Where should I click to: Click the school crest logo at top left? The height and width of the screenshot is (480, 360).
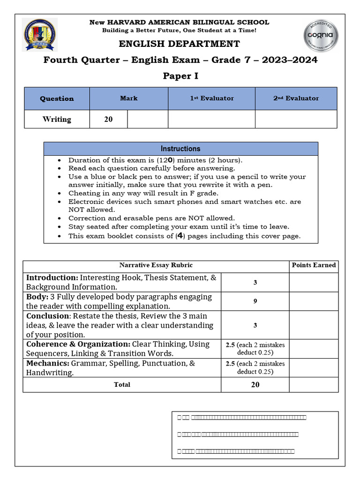(40, 34)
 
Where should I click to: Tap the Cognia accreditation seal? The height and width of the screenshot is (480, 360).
(320, 36)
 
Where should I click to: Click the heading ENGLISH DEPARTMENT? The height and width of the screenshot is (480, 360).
(180, 44)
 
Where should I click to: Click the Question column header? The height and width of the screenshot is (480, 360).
(57, 98)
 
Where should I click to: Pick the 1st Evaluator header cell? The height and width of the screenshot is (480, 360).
(211, 98)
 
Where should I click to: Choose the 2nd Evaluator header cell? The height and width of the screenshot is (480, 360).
(296, 98)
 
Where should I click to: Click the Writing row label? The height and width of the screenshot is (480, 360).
(57, 119)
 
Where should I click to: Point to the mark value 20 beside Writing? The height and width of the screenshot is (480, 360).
(108, 119)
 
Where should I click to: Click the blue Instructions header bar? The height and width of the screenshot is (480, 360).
(180, 149)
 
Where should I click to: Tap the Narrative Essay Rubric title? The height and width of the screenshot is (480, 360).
(156, 265)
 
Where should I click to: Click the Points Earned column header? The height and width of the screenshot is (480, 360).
(314, 265)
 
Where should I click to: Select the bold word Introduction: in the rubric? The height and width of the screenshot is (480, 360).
(52, 277)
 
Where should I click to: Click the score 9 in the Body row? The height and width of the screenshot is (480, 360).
(255, 301)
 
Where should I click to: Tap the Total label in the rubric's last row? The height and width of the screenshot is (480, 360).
(122, 384)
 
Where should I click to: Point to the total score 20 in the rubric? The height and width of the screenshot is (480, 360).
(255, 384)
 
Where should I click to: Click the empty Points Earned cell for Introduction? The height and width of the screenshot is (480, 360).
(314, 282)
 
